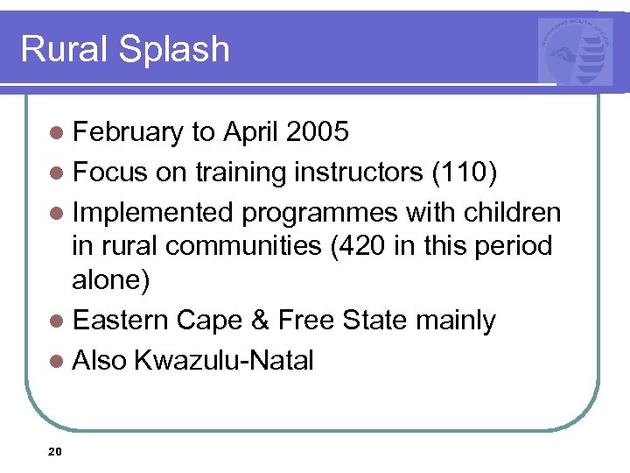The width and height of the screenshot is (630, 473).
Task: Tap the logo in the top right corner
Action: (575, 52)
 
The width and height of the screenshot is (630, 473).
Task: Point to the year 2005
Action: (317, 132)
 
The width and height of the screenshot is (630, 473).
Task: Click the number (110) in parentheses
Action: (465, 173)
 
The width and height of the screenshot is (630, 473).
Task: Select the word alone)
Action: (112, 279)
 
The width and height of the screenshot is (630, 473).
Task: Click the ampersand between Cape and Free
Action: (260, 321)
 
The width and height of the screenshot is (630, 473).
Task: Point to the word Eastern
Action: (121, 321)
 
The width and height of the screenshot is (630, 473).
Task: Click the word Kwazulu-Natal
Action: (224, 360)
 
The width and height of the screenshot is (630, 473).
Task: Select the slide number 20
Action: (55, 452)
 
